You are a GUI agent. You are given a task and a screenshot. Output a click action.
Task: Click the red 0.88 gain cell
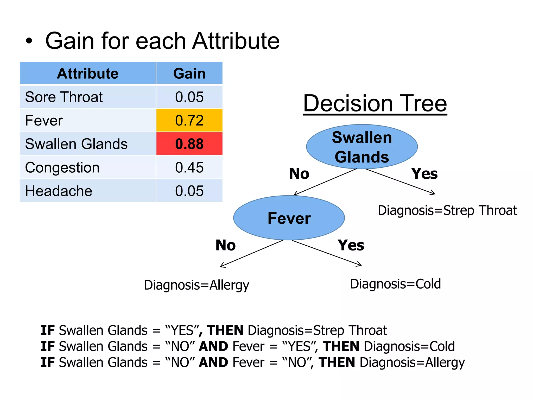(189, 144)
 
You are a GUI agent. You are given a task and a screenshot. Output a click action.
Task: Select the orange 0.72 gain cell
(189, 120)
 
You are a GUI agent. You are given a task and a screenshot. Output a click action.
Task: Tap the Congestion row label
(62, 167)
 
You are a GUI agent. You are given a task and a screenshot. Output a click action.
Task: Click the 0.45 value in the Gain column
(189, 167)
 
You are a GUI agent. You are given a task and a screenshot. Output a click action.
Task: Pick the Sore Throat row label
(64, 97)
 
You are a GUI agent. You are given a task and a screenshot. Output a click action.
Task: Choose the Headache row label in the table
(59, 191)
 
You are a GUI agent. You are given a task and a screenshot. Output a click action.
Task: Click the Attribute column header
(88, 73)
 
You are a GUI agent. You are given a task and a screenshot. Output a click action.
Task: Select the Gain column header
(189, 73)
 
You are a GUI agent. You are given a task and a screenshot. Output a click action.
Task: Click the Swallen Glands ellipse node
(362, 147)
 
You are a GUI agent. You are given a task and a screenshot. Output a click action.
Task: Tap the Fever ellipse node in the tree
(289, 218)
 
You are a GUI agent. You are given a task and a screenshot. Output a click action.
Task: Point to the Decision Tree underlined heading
(375, 103)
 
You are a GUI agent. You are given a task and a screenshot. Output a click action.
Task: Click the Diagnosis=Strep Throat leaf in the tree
(447, 210)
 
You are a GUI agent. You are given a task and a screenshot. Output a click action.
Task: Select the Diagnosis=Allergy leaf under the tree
(196, 285)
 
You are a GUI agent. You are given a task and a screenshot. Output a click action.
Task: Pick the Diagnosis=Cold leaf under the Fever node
(395, 284)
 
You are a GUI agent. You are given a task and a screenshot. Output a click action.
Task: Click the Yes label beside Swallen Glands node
(424, 174)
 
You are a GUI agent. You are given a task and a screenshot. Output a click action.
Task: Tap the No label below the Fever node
(225, 245)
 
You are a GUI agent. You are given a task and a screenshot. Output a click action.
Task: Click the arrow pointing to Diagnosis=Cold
(327, 253)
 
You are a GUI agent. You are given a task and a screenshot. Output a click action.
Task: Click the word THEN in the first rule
(225, 330)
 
